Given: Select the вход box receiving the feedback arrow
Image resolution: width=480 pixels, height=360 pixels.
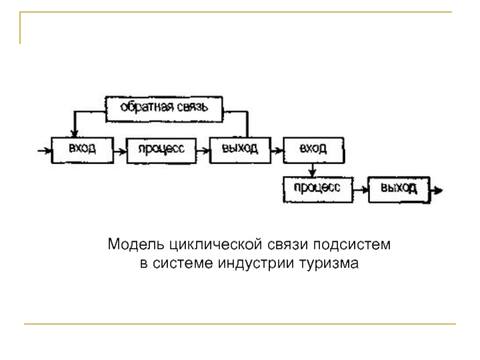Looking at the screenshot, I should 82,149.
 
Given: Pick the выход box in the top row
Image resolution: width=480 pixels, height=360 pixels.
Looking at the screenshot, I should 239,149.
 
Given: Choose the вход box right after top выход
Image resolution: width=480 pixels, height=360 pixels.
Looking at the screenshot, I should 313,149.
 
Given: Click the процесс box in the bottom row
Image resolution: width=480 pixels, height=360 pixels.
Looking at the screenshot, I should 317,188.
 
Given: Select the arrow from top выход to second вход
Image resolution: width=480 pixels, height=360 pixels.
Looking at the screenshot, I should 275,149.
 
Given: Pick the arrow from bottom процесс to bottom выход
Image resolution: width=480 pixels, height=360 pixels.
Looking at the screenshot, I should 359,189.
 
